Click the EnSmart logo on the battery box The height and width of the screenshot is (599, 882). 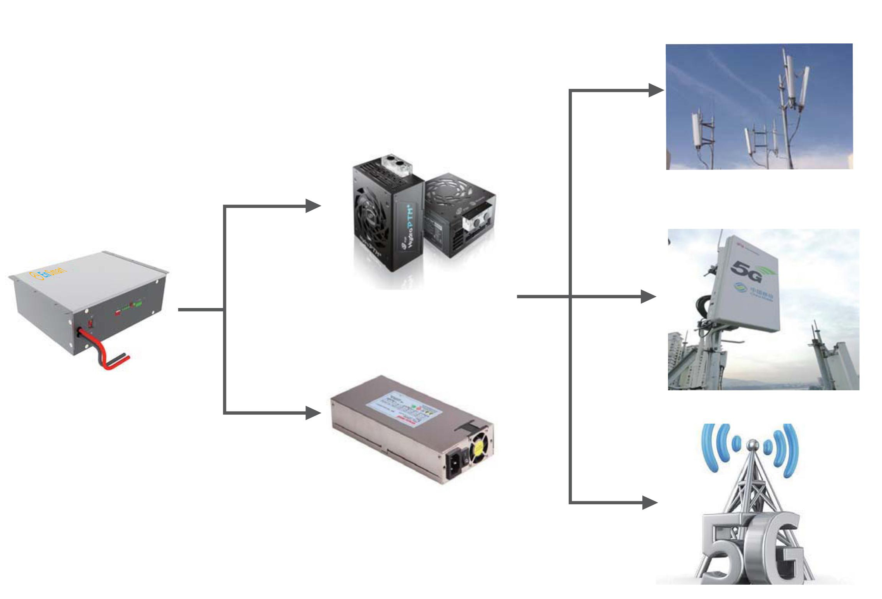48,273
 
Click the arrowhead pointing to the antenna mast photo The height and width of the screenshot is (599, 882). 656,90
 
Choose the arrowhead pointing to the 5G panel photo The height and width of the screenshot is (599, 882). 648,297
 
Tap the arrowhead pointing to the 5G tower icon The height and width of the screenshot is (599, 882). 649,503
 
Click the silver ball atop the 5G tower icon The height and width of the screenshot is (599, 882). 753,443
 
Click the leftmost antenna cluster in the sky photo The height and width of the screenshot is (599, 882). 698,130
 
